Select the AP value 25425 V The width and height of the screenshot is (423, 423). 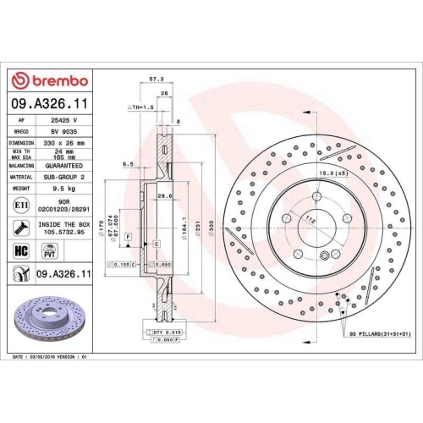[59, 121]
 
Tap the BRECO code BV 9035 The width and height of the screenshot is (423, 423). [59, 132]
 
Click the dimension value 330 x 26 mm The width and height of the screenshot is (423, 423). [64, 144]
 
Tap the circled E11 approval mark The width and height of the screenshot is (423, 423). [20, 206]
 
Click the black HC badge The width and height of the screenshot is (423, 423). [21, 250]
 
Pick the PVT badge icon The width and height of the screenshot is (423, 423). [48, 250]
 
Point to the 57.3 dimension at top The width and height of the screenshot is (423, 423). [156, 78]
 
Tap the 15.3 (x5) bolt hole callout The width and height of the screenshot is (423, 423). [332, 174]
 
